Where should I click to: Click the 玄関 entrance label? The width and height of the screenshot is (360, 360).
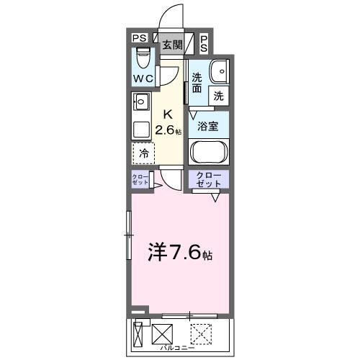tap(171, 45)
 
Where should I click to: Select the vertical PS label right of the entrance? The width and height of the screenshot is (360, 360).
tap(204, 44)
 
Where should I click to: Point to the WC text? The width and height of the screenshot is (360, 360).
tap(143, 78)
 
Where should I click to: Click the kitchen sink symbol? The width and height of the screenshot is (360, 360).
tap(140, 102)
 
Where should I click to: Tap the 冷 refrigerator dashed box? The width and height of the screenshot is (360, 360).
tap(144, 153)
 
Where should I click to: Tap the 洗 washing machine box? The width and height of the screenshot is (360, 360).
tap(218, 94)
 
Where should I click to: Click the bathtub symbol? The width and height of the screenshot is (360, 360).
tap(208, 153)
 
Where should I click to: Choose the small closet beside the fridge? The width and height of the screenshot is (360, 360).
tap(140, 180)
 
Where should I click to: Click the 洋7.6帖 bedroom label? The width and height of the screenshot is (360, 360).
tap(181, 252)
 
